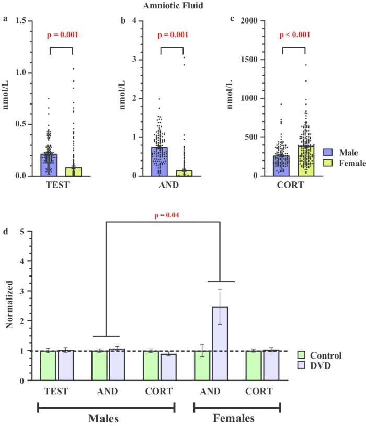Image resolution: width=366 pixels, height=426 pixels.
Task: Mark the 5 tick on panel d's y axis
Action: coord(22,231)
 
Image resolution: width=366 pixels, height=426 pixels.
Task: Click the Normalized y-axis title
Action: coord(9,306)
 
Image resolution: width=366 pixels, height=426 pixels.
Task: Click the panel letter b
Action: coord(123,20)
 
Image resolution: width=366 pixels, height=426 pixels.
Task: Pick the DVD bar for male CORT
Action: coord(168,367)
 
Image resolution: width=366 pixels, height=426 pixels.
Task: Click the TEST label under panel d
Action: coord(56,391)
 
